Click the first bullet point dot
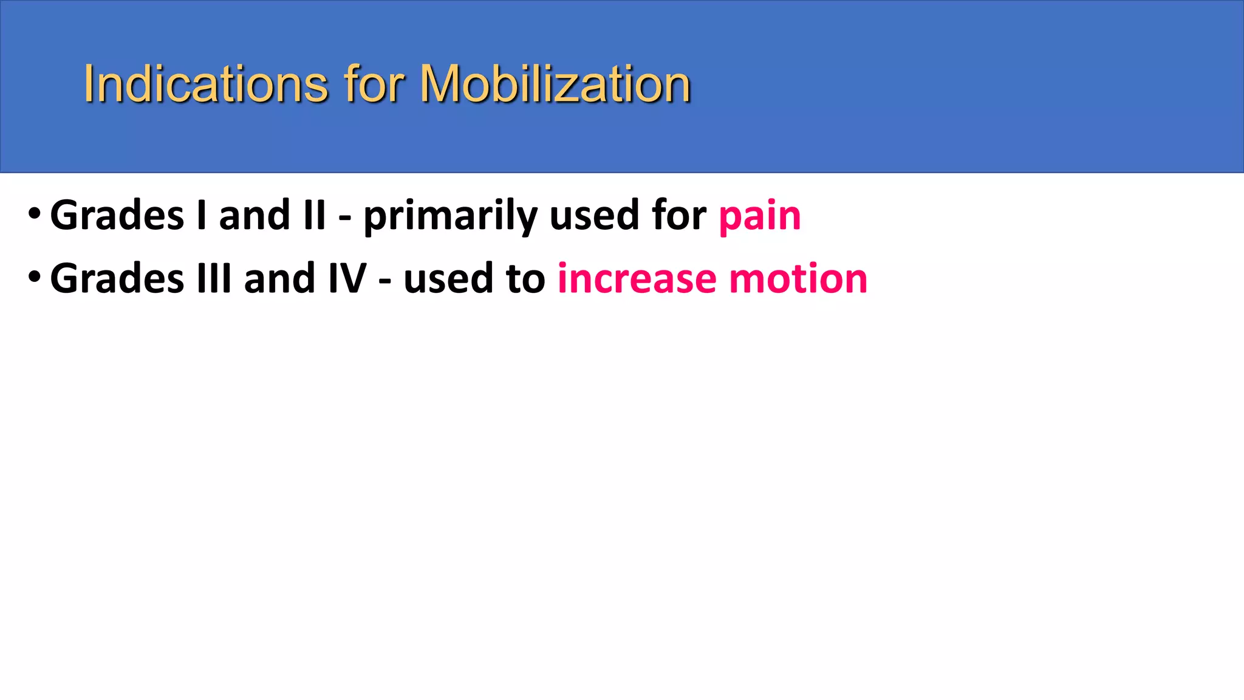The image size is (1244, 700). click(35, 213)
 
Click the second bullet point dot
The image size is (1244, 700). click(35, 276)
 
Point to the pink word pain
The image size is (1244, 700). click(759, 216)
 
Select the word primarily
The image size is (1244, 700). click(450, 216)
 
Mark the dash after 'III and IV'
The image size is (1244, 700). click(384, 281)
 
